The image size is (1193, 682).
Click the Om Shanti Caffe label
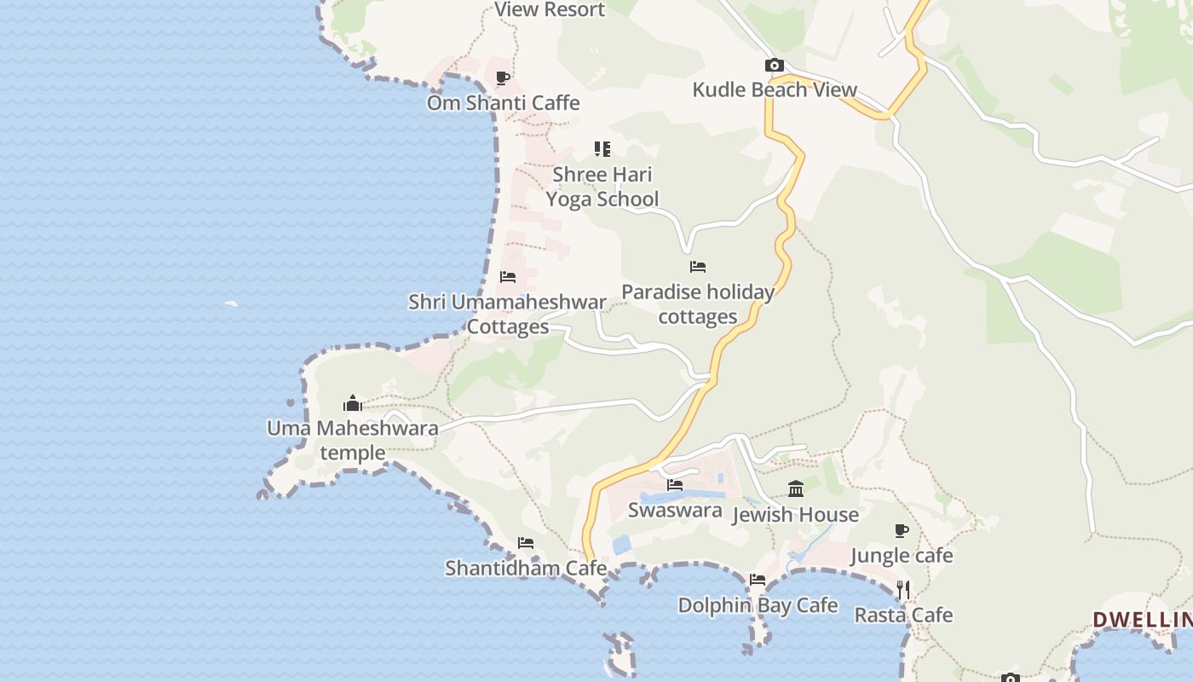click(503, 103)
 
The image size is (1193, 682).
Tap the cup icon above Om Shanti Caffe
click(503, 78)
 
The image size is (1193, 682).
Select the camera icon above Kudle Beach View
click(774, 65)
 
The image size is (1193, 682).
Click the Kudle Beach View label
click(775, 90)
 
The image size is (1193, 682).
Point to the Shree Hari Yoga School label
click(602, 187)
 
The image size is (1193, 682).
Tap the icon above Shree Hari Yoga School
click(602, 149)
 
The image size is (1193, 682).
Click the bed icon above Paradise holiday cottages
click(698, 267)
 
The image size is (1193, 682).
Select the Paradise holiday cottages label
click(698, 304)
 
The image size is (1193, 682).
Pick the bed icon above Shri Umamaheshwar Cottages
click(508, 277)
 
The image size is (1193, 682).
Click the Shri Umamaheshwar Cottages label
click(508, 315)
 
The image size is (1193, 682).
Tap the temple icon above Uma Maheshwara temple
click(353, 403)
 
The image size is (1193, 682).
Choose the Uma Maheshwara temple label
click(353, 440)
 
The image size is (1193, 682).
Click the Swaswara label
click(675, 510)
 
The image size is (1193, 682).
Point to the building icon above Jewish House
click(796, 488)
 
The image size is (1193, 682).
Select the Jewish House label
click(796, 515)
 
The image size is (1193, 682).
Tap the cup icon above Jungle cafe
click(902, 531)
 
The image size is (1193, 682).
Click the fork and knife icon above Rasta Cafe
click(903, 589)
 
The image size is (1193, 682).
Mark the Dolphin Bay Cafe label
click(758, 605)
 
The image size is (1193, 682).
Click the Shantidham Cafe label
click(526, 568)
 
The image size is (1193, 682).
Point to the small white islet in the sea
click(231, 303)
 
